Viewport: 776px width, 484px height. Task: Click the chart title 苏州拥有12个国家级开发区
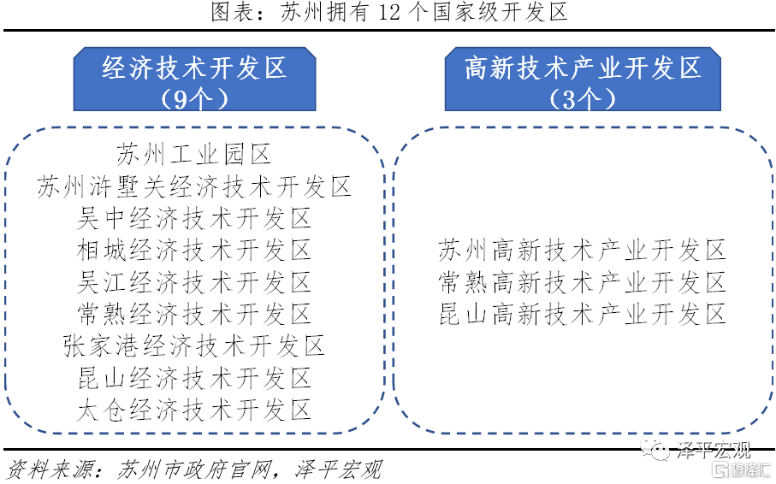(x=389, y=12)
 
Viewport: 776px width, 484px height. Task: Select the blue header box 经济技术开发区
(x=194, y=79)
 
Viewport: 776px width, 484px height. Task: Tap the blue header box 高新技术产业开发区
(x=583, y=79)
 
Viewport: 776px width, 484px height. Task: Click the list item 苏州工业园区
(x=194, y=154)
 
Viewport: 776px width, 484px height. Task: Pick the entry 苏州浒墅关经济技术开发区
(x=194, y=186)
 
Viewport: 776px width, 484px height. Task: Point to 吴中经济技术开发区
(x=194, y=218)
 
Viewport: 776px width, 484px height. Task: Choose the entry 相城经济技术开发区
(x=194, y=250)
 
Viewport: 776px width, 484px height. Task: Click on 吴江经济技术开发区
(x=194, y=282)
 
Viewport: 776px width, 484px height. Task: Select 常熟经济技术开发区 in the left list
(x=194, y=314)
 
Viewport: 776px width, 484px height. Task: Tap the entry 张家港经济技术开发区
(x=194, y=345)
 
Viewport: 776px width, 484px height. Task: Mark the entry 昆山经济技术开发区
(x=194, y=378)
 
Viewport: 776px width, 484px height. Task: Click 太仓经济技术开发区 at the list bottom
(x=194, y=410)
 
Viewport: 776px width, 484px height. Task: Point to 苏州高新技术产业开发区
(x=583, y=250)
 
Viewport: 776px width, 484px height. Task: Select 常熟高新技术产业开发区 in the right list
(x=583, y=282)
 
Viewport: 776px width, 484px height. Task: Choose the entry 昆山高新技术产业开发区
(x=583, y=314)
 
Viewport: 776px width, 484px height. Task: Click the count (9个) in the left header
(x=194, y=98)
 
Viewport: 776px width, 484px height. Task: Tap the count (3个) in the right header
(x=583, y=98)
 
